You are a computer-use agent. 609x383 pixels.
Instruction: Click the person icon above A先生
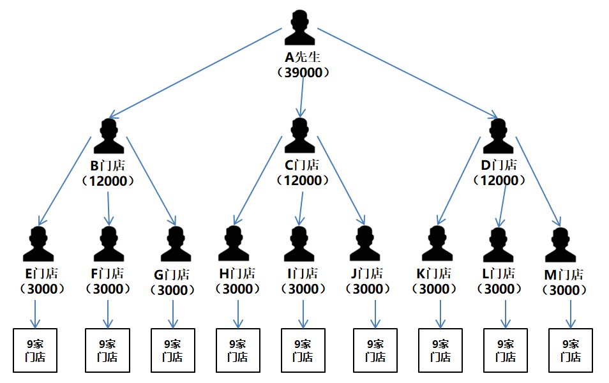(299, 27)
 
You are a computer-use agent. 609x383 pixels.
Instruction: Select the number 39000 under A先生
(303, 73)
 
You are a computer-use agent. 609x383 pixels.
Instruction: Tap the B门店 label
(108, 166)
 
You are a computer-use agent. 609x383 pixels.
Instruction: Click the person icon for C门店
(299, 135)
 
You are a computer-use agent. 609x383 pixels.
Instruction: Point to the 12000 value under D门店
(499, 180)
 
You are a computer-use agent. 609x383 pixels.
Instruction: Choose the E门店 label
(41, 274)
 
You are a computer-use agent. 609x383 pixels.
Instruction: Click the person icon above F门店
(109, 244)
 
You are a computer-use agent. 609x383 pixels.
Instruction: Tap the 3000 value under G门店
(173, 290)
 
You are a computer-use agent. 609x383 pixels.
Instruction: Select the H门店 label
(237, 274)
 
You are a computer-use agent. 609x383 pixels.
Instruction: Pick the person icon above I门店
(299, 244)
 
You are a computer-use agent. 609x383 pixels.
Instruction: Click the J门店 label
(367, 274)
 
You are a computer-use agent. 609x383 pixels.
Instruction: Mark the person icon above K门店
(437, 243)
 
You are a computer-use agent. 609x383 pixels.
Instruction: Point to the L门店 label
(499, 274)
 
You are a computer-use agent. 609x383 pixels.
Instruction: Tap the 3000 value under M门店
(564, 290)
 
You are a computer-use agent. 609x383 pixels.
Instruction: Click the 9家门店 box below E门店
(35, 350)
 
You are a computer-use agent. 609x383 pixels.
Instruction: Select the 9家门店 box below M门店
(571, 350)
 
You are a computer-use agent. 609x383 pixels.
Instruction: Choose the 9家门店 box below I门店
(303, 350)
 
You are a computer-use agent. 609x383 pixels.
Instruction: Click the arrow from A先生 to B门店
(195, 73)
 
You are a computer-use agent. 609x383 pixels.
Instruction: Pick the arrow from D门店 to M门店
(538, 181)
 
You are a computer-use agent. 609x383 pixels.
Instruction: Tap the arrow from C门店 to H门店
(258, 181)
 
